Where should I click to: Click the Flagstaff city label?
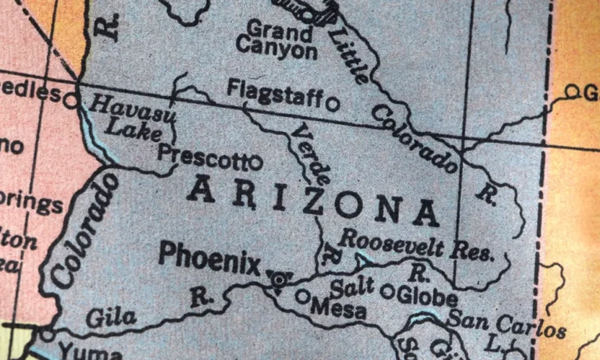274,92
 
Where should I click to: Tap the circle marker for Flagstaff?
333,102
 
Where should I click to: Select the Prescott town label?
202,155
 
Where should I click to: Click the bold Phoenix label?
209,258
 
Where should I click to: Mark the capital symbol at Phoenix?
278,279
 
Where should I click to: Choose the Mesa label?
337,309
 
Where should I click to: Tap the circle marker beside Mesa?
302,296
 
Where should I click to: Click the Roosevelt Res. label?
417,245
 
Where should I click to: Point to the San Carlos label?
505,323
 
